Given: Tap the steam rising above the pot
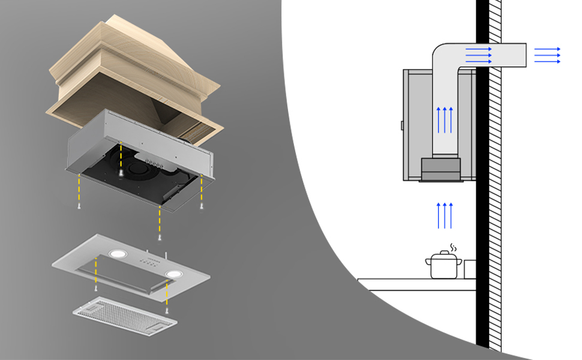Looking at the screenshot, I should [453, 247].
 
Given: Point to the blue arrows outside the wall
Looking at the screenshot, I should [547, 55].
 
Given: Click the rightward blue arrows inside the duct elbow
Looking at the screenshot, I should [478, 55].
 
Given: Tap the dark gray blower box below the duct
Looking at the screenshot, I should [441, 169].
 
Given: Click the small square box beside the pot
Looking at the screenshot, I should [470, 269].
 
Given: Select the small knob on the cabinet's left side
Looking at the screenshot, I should [401, 125].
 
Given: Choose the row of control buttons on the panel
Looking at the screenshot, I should [148, 260].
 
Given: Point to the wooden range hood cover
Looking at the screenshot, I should [132, 72].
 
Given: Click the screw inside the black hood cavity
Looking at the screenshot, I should [121, 172].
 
